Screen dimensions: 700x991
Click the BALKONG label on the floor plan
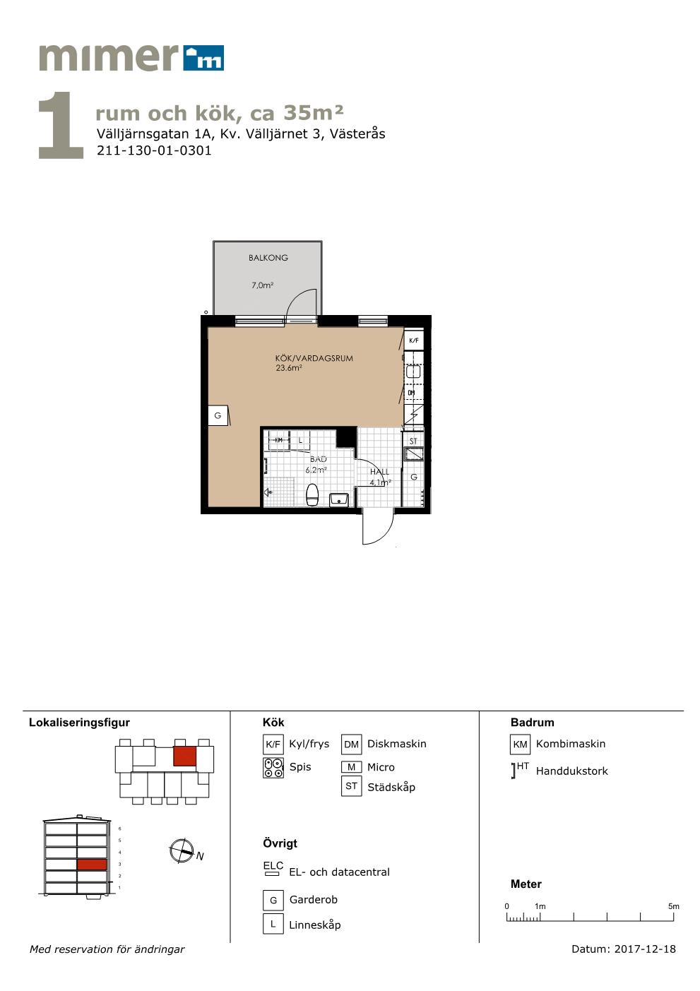268,258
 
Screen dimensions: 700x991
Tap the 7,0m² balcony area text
262,285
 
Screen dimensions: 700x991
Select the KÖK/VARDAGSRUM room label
314,358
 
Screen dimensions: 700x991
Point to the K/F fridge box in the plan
414,340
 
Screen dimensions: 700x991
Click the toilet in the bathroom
312,494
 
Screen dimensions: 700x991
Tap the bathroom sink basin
339,500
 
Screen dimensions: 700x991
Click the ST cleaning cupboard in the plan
413,441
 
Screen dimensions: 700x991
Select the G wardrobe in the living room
218,415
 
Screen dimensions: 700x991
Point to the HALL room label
379,472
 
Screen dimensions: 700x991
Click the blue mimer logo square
203,57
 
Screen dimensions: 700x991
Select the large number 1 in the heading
61,125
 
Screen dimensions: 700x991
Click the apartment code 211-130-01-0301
154,150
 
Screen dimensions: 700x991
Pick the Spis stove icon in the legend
273,768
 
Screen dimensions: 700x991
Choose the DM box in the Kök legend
351,744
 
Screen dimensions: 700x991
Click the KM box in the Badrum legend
520,744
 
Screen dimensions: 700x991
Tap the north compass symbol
182,850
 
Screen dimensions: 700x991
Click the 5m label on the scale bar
673,906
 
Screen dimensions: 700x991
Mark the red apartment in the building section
92,864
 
